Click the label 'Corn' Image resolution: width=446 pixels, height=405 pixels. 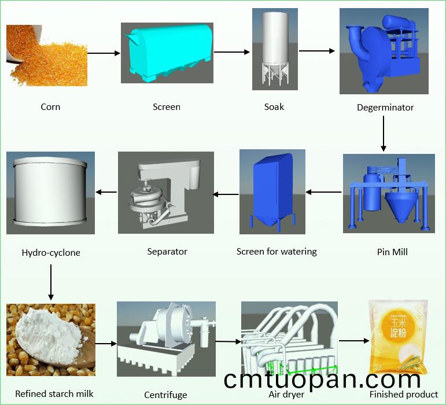tap(50, 106)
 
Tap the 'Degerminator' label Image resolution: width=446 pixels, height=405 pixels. tap(385, 107)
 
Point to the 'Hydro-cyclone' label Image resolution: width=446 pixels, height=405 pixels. tap(51, 252)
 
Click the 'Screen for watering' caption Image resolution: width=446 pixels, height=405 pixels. tap(277, 252)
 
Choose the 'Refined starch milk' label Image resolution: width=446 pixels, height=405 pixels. tap(54, 394)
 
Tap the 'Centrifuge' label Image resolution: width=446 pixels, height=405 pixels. tap(165, 395)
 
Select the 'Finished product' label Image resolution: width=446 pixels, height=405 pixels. tap(404, 395)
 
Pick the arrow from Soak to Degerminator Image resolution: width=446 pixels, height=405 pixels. tap(316, 51)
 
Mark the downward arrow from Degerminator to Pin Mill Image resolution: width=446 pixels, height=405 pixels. tap(384, 133)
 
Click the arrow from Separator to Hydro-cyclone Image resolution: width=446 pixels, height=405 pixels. tap(105, 192)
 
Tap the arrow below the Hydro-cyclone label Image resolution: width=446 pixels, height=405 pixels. tap(51, 282)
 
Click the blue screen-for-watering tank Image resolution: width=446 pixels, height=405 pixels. tap(271, 191)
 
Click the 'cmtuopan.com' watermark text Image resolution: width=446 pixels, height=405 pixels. tap(322, 379)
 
